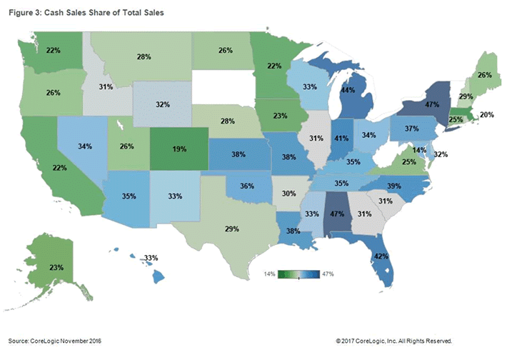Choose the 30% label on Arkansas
[x=287, y=193]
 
